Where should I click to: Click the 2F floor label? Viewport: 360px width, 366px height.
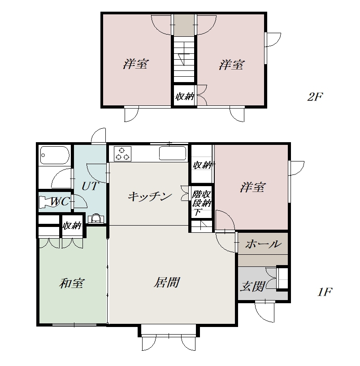pos(315,96)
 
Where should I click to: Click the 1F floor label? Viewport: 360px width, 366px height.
pos(325,292)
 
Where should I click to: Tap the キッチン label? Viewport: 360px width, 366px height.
pos(150,196)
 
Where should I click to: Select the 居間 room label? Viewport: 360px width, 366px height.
pos(167,282)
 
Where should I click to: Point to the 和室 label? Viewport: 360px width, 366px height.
pos(71,283)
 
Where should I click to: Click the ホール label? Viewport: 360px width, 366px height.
pos(263,244)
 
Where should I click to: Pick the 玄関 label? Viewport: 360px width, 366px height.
pos(253,286)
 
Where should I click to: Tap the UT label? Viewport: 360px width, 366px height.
pos(90,186)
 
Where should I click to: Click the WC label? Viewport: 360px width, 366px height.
pos(60,201)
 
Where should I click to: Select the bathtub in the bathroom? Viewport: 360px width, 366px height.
pos(55,155)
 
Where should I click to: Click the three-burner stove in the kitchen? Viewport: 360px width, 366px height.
pos(122,153)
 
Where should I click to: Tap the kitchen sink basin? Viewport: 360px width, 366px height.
pos(173,153)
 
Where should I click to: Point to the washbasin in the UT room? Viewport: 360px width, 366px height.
pos(96,219)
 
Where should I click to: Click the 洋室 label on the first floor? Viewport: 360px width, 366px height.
pos(253,187)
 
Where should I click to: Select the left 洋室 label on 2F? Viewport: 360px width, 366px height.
pos(135,64)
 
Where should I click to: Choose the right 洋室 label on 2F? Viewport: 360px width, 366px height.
pos(231,65)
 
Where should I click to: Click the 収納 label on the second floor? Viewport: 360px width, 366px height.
pos(185,96)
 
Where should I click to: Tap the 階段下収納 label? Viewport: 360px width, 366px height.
pos(202,203)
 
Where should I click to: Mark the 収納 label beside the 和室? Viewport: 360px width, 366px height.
pos(72,226)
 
